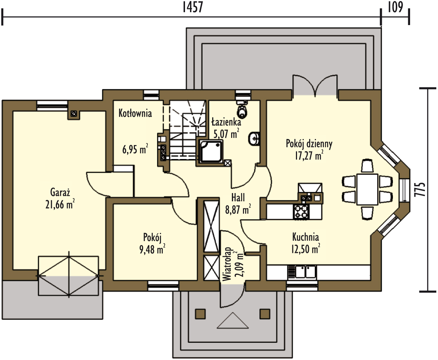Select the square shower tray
click(x=211, y=151)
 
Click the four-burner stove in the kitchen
click(x=301, y=212)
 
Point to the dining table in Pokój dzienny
click(x=367, y=189)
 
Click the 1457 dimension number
click(x=193, y=7)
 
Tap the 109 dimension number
click(x=395, y=7)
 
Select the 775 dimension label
click(x=420, y=189)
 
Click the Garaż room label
click(x=60, y=192)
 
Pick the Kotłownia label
click(x=135, y=113)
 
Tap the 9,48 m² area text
click(x=152, y=249)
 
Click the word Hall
click(x=238, y=197)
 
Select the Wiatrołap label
click(x=227, y=264)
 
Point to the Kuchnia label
click(x=306, y=237)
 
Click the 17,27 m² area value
click(x=309, y=155)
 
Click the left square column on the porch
click(x=200, y=314)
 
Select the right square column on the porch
click(x=265, y=314)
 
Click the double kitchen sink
click(x=305, y=272)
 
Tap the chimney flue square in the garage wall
click(x=73, y=114)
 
